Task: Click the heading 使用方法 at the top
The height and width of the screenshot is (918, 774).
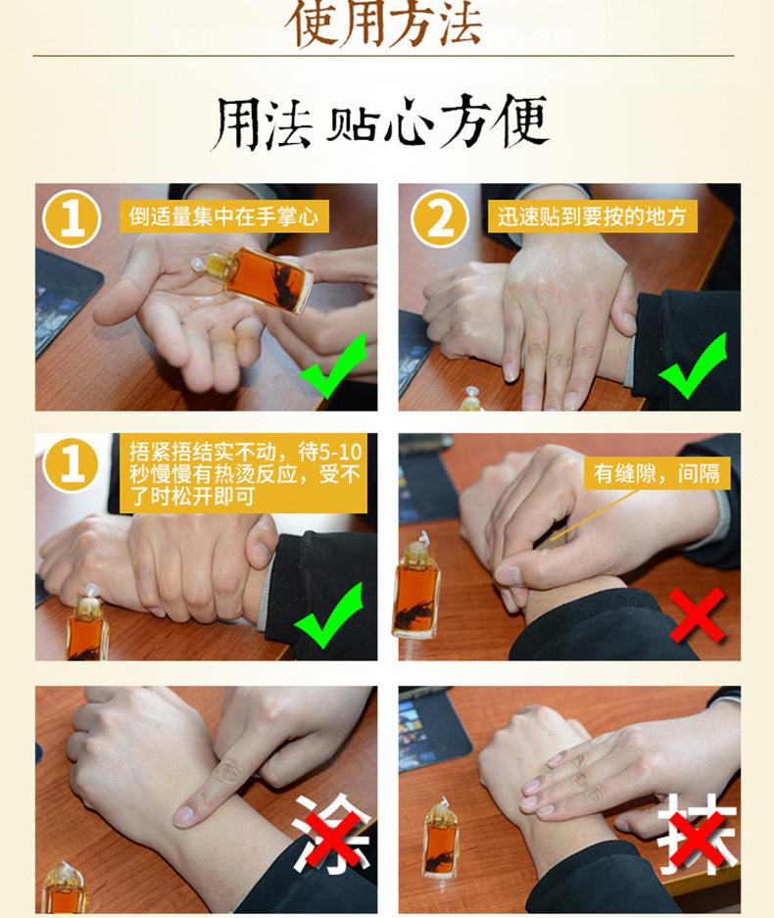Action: (384, 24)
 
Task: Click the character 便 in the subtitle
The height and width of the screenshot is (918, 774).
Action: (518, 121)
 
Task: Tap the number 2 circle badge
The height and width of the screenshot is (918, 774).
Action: (440, 218)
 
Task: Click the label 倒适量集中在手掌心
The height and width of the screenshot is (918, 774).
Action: (223, 217)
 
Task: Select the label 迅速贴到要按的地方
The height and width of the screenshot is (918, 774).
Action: (592, 217)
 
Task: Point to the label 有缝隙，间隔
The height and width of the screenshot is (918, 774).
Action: (656, 473)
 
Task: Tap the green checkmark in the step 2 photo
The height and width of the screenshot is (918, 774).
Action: (694, 365)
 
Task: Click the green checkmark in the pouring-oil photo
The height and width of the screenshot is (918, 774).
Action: (332, 365)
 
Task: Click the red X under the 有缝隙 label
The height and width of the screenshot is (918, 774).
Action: (698, 615)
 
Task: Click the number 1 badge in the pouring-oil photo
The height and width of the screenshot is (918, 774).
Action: (73, 218)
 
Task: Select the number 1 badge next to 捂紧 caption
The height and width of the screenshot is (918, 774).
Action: (73, 465)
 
